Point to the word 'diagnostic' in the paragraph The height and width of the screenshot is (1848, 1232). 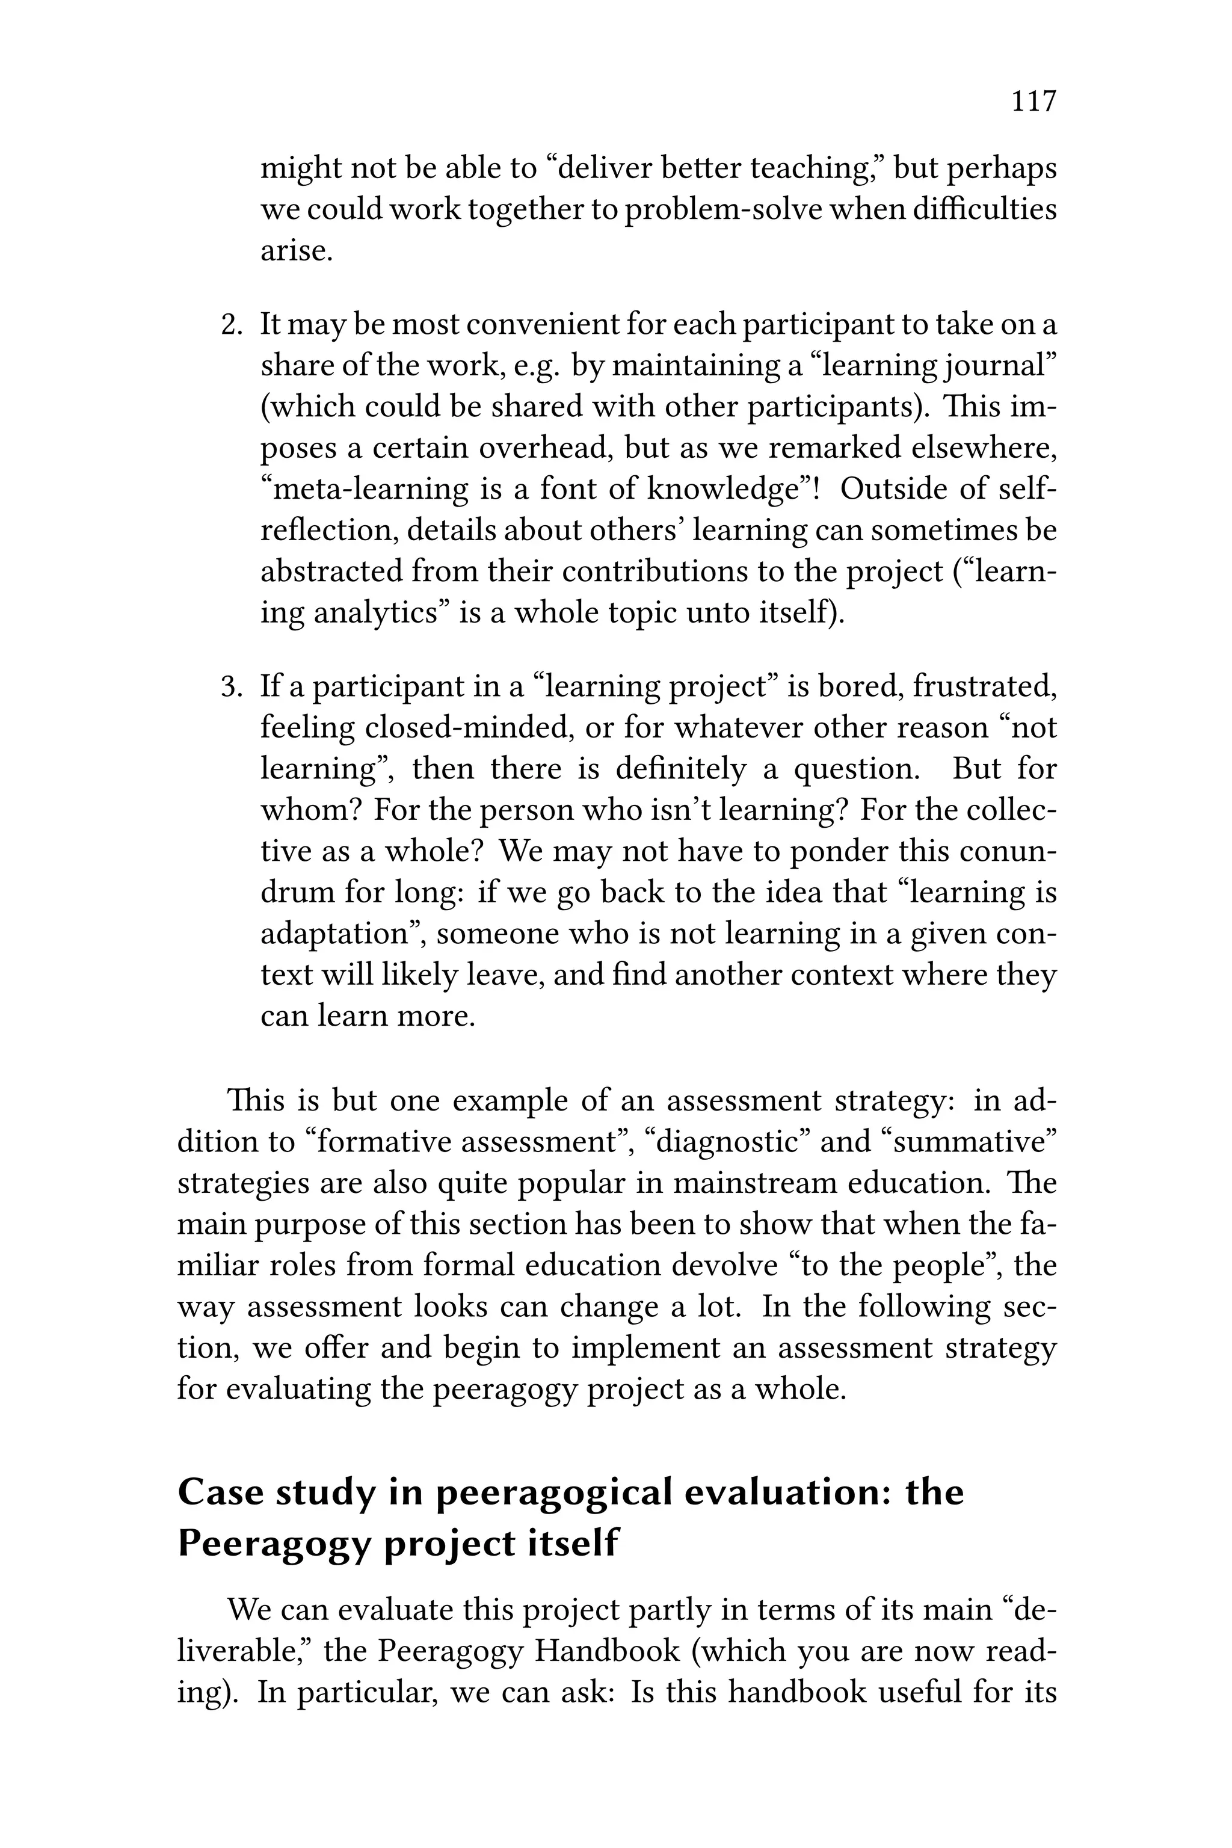pos(726,1142)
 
